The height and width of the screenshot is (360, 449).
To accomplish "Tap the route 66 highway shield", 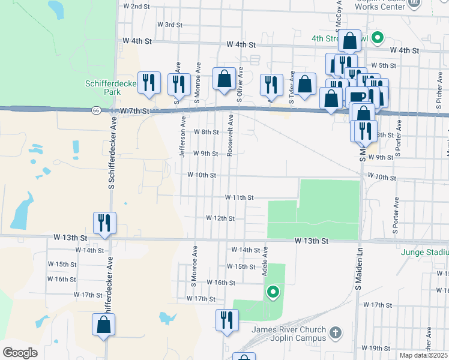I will [x=96, y=110].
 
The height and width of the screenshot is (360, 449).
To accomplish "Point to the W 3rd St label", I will [x=169, y=25].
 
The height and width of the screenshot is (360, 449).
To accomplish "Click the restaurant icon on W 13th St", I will [x=104, y=223].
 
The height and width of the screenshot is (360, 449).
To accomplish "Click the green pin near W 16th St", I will [x=273, y=292].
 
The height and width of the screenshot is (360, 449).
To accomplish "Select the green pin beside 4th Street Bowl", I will [x=378, y=38].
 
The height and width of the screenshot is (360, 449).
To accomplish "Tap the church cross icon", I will [x=336, y=331].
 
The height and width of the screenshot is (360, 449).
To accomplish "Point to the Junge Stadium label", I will [x=426, y=253].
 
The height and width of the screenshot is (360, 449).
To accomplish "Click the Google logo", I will [x=20, y=353].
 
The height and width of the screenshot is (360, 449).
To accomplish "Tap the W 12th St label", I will [x=220, y=218].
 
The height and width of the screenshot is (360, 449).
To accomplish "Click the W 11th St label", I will [x=240, y=197].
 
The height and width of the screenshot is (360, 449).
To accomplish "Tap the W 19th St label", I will [x=376, y=348].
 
